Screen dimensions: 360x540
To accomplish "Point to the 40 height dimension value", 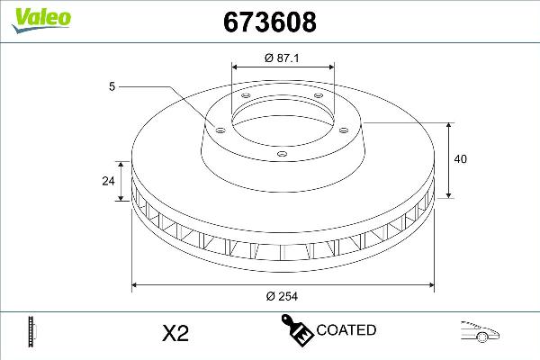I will [461, 159].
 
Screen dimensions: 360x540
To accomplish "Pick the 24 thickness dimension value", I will [108, 181].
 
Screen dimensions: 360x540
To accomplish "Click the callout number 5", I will [112, 86].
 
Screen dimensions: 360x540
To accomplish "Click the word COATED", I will [346, 330].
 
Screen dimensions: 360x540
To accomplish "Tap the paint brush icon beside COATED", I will [294, 329].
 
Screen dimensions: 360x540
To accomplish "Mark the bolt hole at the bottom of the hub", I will [281, 155].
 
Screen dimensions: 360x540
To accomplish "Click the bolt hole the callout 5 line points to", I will [219, 127].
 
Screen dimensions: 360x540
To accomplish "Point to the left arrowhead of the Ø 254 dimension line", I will [136, 286].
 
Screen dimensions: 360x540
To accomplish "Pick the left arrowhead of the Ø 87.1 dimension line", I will [235, 67].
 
